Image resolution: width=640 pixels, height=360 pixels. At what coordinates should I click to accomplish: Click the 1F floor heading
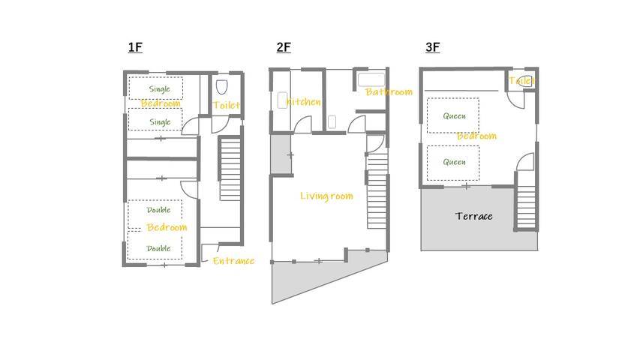point(135,48)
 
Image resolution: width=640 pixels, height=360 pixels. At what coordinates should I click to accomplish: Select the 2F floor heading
point(284,48)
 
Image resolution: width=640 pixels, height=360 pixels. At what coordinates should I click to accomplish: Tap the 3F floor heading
point(432,48)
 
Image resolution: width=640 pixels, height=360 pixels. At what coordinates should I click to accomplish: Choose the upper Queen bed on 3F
point(454,115)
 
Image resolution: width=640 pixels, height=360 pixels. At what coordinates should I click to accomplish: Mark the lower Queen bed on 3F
point(454,162)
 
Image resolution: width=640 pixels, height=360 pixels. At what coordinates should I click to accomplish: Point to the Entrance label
point(233,261)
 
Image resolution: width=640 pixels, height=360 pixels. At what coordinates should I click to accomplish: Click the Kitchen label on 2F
point(303,102)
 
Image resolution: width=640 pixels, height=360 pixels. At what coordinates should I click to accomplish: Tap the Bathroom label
point(389,92)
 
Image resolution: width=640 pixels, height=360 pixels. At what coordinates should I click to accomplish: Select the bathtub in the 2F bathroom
point(371,79)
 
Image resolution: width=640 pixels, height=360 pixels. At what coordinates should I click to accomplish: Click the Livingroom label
point(326,196)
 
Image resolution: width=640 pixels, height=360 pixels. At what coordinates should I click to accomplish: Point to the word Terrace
point(474,216)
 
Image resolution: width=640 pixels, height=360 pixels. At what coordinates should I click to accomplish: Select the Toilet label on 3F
point(521,80)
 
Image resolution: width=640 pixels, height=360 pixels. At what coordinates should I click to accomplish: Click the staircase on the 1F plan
point(229,169)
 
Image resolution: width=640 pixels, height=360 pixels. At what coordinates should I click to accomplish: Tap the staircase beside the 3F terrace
point(526,200)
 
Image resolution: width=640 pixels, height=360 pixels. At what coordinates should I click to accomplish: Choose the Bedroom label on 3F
point(476,136)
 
